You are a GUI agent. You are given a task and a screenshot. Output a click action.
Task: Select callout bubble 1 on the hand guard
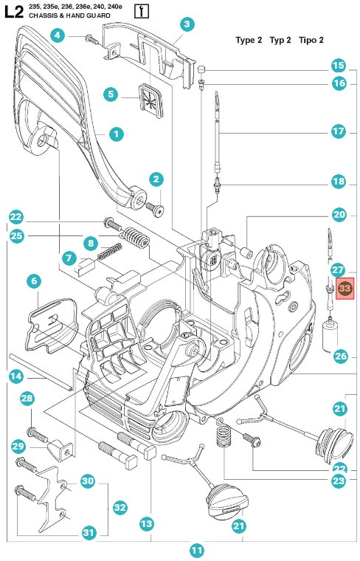[x=116, y=134]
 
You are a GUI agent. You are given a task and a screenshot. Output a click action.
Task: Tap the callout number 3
[x=187, y=25]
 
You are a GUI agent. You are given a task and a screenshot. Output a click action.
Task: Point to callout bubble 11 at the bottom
[x=196, y=549]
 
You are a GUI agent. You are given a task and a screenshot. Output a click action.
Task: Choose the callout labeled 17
[x=338, y=132]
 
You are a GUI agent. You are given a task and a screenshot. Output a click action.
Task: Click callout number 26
[x=339, y=356]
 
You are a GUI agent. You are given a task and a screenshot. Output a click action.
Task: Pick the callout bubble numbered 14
[x=15, y=376]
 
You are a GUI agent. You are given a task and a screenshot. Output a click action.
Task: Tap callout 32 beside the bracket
[x=120, y=507]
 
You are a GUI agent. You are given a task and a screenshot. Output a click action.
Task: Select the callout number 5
[x=111, y=94]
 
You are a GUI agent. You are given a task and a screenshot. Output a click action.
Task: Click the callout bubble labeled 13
[x=146, y=523]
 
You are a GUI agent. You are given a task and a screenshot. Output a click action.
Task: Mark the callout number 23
[x=339, y=480]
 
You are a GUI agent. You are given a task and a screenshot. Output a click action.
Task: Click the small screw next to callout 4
[x=90, y=37]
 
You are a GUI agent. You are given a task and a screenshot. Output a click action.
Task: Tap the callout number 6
[x=33, y=281]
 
